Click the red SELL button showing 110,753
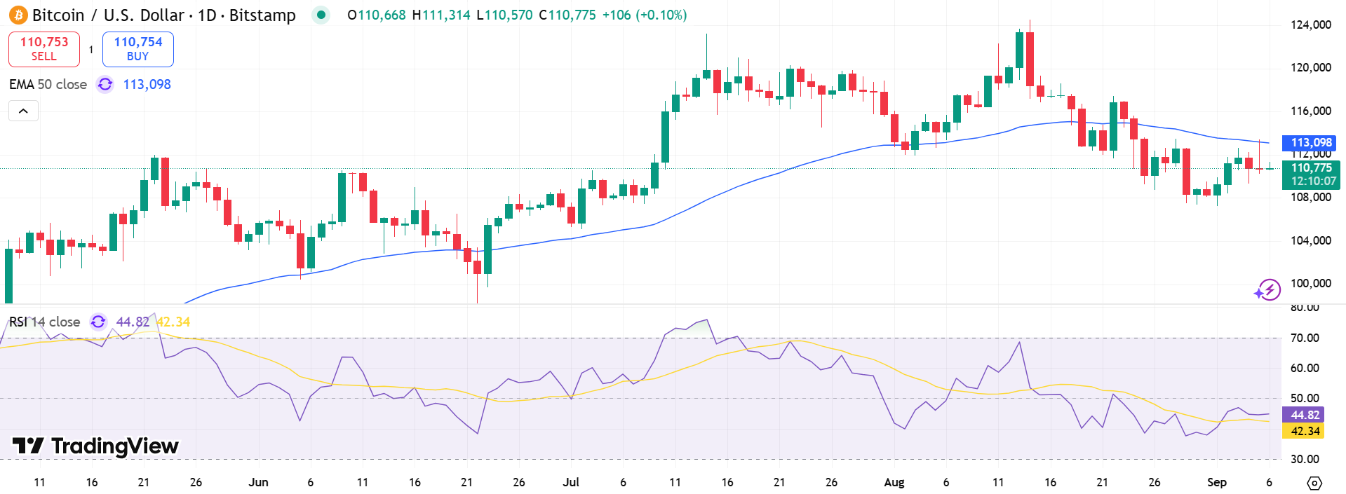tap(44, 49)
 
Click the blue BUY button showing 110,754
tap(138, 49)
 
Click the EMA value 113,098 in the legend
tap(147, 85)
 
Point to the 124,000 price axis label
tap(1310, 25)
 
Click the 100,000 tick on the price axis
tap(1310, 283)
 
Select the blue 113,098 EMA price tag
tap(1309, 143)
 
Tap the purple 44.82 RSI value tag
tap(1303, 415)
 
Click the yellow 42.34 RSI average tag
tap(1303, 431)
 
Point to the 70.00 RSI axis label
tap(1304, 338)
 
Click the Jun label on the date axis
tap(258, 482)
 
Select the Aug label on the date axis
tap(894, 482)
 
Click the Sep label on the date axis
tap(1216, 482)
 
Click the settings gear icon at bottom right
tap(1314, 483)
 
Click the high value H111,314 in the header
tap(441, 15)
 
